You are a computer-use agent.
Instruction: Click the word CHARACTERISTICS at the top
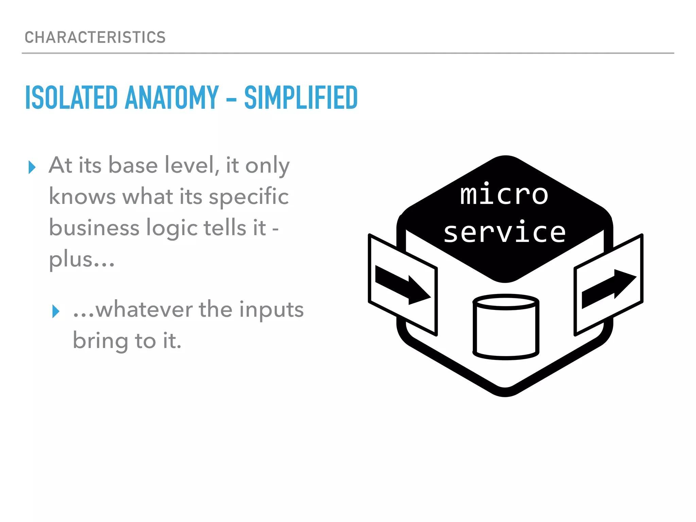95,37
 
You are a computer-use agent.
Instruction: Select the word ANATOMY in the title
172,98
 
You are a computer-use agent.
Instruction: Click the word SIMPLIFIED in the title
301,98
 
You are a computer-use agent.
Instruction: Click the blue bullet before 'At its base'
32,167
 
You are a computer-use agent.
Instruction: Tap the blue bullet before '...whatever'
56,311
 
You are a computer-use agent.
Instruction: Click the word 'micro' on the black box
504,194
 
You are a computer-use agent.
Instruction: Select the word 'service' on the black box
505,232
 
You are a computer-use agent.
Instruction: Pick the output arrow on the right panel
608,289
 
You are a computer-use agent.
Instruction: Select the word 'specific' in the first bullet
248,197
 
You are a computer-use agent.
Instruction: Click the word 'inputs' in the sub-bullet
271,310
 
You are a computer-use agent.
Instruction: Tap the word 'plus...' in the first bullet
82,260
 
